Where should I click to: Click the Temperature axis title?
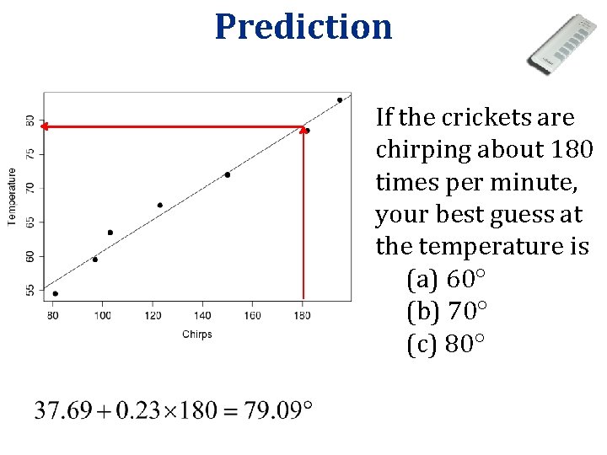tap(12, 195)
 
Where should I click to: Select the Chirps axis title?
tap(197, 335)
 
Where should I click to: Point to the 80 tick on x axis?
tap(52, 316)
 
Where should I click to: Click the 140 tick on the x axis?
tap(202, 316)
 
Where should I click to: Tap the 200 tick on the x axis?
tap(351, 316)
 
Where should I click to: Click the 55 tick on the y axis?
tap(30, 291)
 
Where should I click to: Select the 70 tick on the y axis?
tap(30, 186)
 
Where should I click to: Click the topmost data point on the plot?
tap(340, 100)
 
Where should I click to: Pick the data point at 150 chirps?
tap(228, 174)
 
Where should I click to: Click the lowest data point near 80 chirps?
tap(56, 294)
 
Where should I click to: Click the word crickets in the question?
tap(479, 116)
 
